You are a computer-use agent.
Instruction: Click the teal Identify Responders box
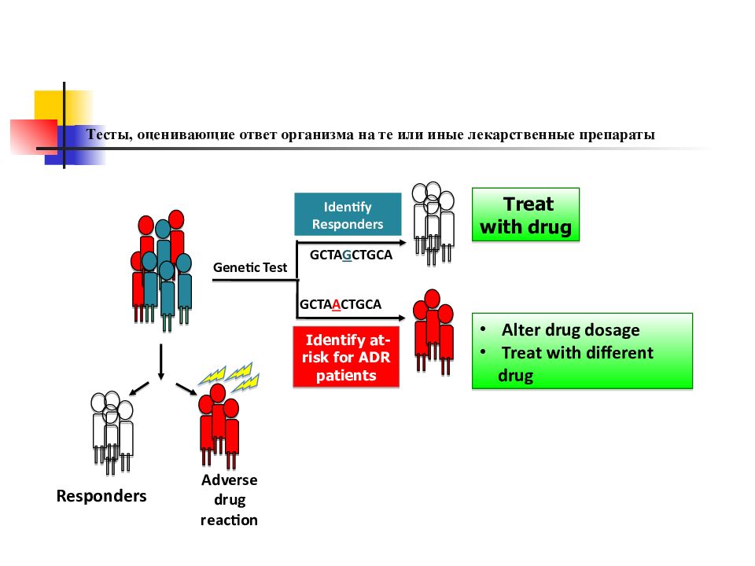pos(348,214)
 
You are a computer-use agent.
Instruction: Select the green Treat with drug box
pos(526,215)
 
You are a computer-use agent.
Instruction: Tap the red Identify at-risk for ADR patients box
pos(346,357)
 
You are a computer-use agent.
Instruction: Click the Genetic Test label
pos(250,267)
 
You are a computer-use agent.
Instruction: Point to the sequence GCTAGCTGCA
pos(351,255)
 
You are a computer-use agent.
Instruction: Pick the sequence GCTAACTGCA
pos(341,304)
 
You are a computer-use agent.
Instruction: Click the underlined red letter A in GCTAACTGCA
pos(336,304)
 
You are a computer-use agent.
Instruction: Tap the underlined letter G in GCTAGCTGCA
pos(347,255)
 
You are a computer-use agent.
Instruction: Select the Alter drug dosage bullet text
pos(571,330)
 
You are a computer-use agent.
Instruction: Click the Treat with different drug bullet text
pos(576,364)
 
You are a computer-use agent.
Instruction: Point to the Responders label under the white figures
pos(101,496)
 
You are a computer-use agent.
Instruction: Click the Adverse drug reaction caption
pos(229,500)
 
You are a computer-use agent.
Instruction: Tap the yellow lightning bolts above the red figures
pos(229,377)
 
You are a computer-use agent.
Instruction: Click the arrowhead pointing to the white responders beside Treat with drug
pos(403,243)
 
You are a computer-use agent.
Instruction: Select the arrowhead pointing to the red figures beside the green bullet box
pos(402,318)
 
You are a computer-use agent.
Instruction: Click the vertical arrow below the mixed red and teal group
pos(160,362)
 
